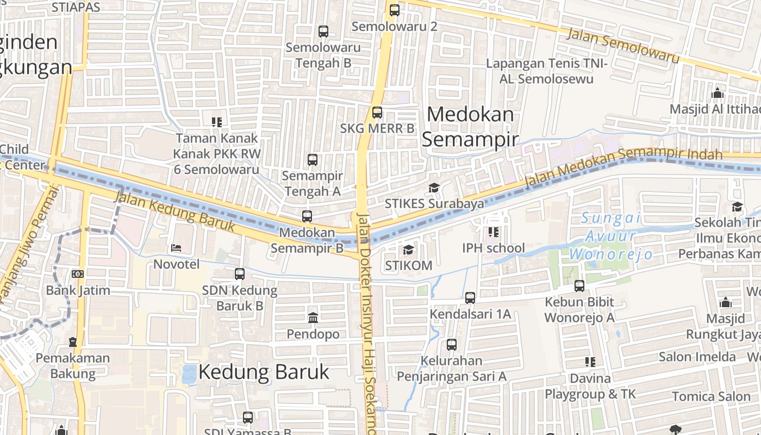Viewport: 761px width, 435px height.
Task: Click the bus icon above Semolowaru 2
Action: tap(395, 10)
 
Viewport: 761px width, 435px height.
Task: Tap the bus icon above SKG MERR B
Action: tap(377, 113)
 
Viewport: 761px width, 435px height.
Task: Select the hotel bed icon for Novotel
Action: tap(176, 248)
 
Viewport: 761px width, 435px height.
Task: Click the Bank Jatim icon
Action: tap(78, 274)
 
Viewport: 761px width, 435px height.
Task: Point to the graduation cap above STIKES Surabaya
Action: tap(434, 188)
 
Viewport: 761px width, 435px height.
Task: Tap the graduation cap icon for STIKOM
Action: tap(408, 250)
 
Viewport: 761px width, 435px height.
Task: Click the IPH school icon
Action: tap(494, 232)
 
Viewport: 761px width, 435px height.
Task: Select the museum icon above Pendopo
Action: tap(313, 318)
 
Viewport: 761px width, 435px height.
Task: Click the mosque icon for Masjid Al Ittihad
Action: tap(718, 93)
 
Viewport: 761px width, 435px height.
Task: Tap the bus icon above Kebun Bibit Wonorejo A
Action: tap(579, 285)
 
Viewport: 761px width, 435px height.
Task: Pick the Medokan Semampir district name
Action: tap(470, 127)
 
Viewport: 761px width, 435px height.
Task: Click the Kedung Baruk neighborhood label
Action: tap(264, 372)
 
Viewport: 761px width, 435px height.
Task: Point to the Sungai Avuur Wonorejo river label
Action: tap(610, 236)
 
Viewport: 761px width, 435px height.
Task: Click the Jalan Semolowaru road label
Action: tap(623, 46)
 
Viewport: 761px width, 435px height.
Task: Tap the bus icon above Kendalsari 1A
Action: tap(470, 297)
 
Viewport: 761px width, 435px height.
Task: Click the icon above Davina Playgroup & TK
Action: tap(590, 362)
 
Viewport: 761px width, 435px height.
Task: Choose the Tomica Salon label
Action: tap(711, 396)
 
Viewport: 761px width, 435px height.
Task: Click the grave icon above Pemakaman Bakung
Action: tap(73, 342)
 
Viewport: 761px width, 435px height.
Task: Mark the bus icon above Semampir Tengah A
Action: tap(313, 160)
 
